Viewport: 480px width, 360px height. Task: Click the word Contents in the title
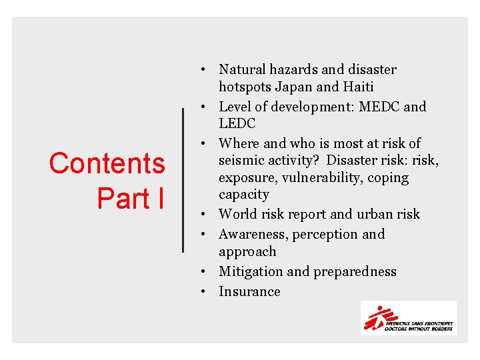(107, 163)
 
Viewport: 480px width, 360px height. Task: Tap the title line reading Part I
(131, 198)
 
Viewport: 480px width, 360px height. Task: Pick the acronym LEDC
(237, 123)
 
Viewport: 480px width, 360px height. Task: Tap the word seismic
(241, 161)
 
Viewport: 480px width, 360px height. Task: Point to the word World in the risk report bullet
(238, 214)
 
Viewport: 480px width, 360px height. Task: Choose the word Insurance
(249, 291)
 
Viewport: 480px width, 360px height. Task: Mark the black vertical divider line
(183, 180)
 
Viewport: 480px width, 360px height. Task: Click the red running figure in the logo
(376, 317)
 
